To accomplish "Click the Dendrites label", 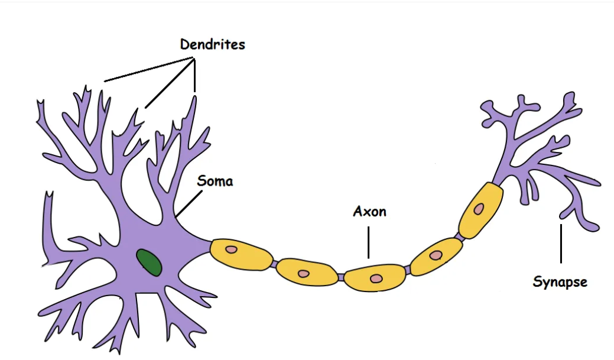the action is pyautogui.click(x=213, y=44).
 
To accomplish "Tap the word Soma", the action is pyautogui.click(x=215, y=181).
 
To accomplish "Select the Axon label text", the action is pyautogui.click(x=370, y=212).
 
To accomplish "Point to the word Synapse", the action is pyautogui.click(x=560, y=282).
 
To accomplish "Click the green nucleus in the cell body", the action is pyautogui.click(x=149, y=262).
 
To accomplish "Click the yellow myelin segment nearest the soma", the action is pyautogui.click(x=241, y=255).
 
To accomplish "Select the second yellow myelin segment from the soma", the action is pyautogui.click(x=307, y=272).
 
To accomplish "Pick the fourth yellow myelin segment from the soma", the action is pyautogui.click(x=437, y=257).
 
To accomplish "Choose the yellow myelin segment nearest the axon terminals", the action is pyautogui.click(x=481, y=210).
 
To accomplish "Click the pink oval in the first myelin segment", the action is pyautogui.click(x=232, y=249).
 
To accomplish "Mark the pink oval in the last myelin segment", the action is pyautogui.click(x=479, y=209).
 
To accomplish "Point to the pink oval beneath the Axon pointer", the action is pyautogui.click(x=376, y=278).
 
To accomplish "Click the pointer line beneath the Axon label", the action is pyautogui.click(x=368, y=242).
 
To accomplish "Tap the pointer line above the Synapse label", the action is pyautogui.click(x=561, y=244).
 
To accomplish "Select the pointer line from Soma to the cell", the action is pyautogui.click(x=189, y=204).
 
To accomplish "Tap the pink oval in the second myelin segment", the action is pyautogui.click(x=304, y=274).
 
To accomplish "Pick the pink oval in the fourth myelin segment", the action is pyautogui.click(x=436, y=255).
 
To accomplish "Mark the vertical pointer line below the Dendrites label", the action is pyautogui.click(x=194, y=75).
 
